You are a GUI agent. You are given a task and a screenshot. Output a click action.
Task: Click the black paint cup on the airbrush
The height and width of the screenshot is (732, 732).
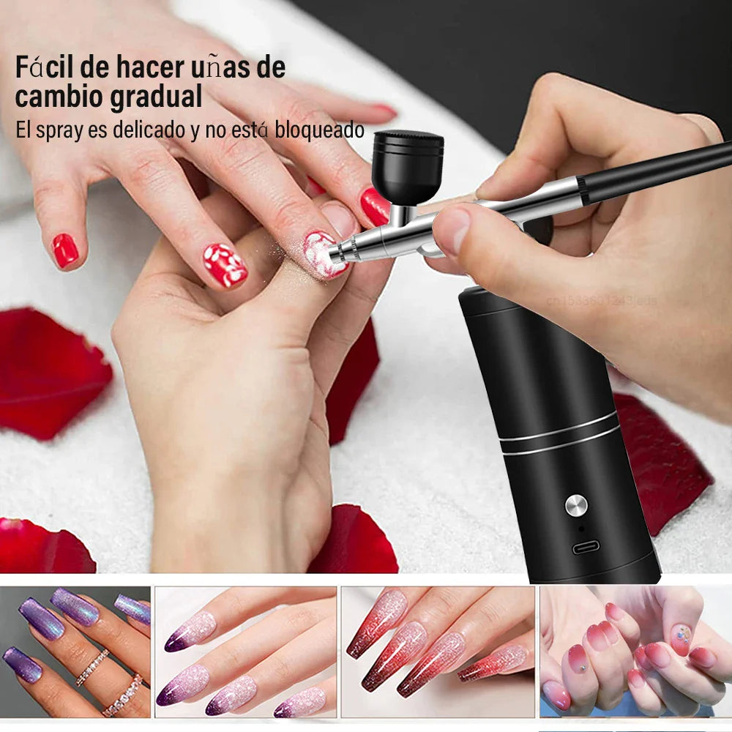[407, 167]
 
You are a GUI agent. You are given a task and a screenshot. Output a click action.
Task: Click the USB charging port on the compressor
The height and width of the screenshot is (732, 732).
[586, 547]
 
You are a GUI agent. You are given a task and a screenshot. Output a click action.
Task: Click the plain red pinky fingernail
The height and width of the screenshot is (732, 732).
[64, 250]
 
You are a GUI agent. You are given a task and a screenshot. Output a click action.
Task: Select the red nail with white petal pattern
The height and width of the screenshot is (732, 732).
[225, 265]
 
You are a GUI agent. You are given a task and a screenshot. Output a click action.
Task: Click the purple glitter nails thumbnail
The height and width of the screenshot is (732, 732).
[75, 651]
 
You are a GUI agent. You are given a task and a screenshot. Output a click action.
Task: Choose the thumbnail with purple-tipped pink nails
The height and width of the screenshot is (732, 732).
[245, 651]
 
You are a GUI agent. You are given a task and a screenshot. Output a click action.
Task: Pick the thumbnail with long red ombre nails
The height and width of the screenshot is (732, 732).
[438, 651]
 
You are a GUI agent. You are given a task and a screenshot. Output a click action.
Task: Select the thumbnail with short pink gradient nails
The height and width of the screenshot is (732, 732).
[635, 651]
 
